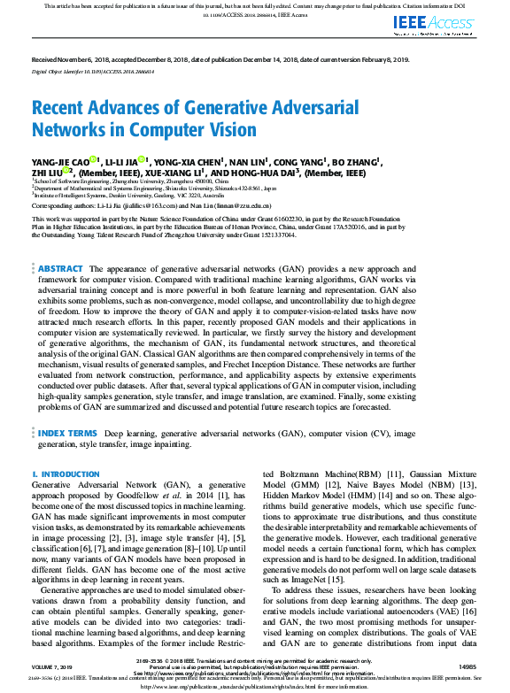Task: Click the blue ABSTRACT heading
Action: tap(60, 243)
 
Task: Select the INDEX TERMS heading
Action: tap(67, 434)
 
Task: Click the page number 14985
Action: tap(466, 666)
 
